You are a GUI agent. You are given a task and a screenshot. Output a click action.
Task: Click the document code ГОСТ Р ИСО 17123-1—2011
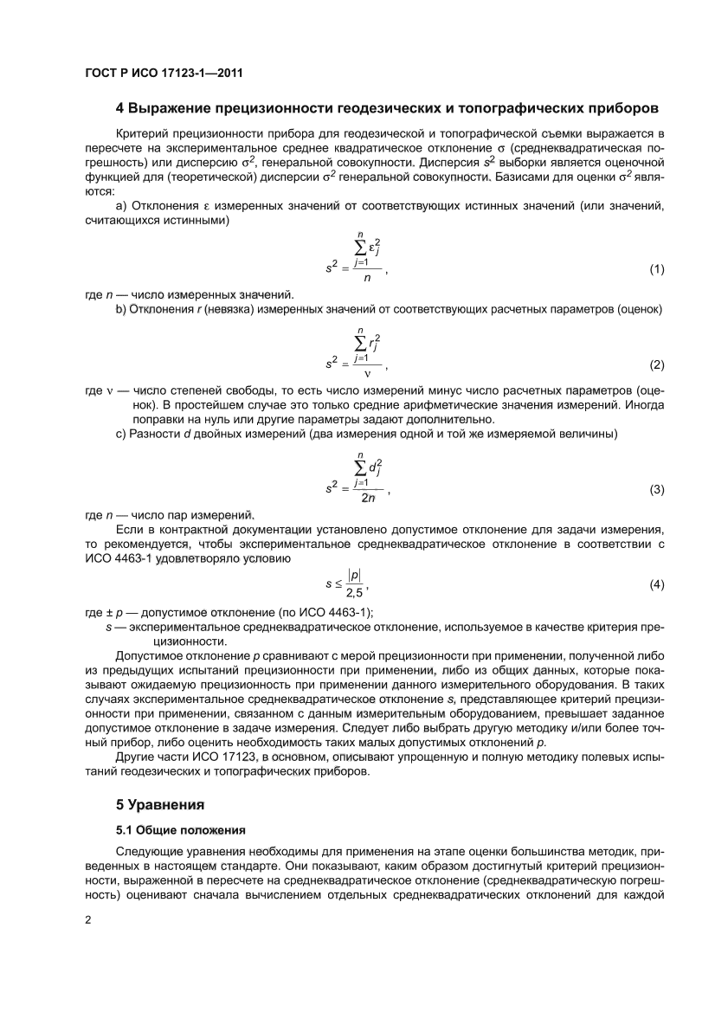(164, 74)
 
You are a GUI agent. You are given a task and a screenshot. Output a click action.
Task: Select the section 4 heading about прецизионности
(387, 108)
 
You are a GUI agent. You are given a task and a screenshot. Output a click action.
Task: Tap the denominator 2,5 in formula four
(354, 593)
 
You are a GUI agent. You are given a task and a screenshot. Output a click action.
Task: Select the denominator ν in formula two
(366, 375)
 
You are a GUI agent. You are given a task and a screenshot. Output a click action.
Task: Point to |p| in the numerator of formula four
(354, 575)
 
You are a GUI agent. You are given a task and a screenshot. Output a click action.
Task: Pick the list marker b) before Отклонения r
(120, 310)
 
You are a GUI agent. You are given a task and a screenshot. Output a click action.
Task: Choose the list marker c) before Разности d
(120, 433)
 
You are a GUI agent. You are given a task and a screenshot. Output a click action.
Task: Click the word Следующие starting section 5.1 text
(148, 851)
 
